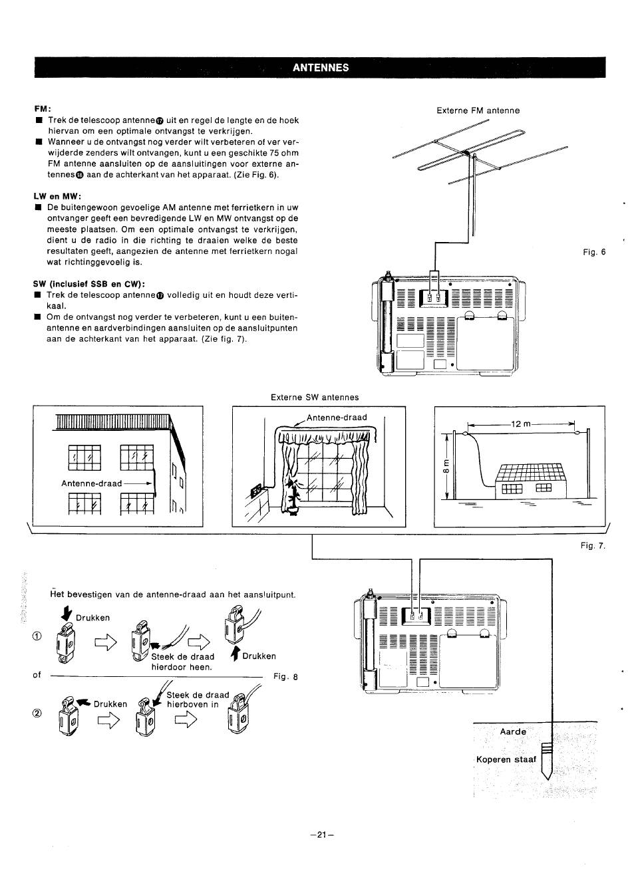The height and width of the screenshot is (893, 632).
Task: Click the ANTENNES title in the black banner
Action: click(x=321, y=67)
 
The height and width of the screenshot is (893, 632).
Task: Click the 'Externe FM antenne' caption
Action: click(x=478, y=110)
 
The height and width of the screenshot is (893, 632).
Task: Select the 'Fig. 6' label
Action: click(x=594, y=251)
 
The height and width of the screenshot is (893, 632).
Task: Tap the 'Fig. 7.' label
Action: click(x=593, y=546)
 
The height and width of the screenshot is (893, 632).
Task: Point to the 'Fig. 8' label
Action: click(x=285, y=676)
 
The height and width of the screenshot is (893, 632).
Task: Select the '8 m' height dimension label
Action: click(x=446, y=466)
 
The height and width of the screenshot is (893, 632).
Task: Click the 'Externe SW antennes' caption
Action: click(x=315, y=397)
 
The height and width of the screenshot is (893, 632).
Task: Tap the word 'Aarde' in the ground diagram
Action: click(x=513, y=731)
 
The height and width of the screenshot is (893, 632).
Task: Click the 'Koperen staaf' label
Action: click(x=506, y=759)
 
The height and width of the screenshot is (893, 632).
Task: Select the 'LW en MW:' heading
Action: click(x=57, y=196)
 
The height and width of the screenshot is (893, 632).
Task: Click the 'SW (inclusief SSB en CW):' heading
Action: click(x=89, y=284)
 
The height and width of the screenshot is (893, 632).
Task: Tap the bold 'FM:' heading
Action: click(x=43, y=109)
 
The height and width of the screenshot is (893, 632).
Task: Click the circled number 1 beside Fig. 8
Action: click(x=37, y=636)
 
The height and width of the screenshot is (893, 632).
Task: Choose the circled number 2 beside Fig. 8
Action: click(x=37, y=713)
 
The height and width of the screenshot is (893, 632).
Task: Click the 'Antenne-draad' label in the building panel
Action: click(x=92, y=483)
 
